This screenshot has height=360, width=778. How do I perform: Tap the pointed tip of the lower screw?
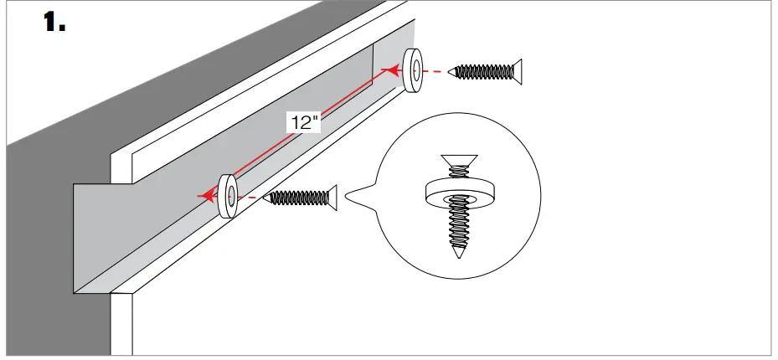[x=267, y=198]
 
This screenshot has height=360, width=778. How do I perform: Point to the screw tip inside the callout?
[x=457, y=252]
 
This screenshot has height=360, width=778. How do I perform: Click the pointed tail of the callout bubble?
[x=349, y=199]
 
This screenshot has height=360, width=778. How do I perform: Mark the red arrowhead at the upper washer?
[x=394, y=73]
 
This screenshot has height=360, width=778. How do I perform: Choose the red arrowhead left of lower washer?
[x=203, y=196]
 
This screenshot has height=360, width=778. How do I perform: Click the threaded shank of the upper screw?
[x=482, y=71]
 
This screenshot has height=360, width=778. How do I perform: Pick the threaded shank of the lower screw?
[x=297, y=198]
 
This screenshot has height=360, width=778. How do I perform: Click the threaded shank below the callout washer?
[x=457, y=223]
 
